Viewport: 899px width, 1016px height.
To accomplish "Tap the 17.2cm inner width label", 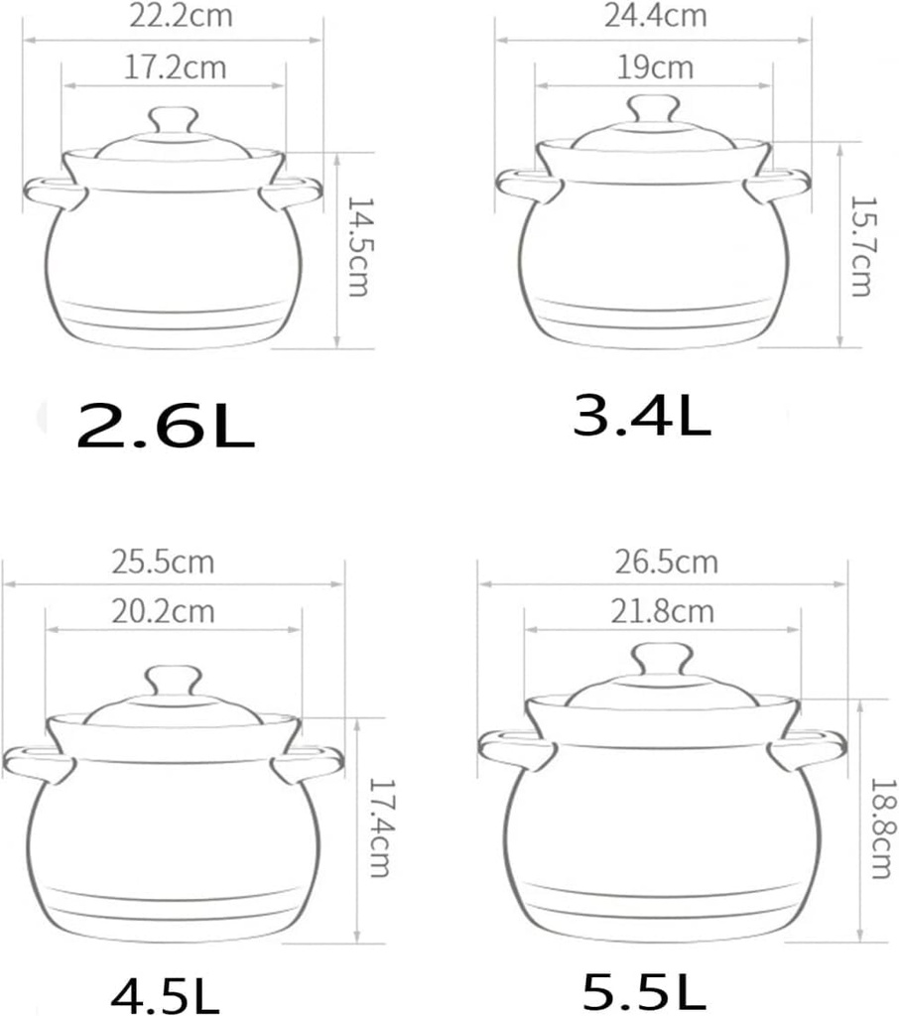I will (x=177, y=67).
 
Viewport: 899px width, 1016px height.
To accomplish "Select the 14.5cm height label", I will (x=356, y=246).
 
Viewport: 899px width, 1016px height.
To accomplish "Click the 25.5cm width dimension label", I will (x=164, y=563).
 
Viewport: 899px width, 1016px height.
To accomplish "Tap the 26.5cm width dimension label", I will (x=667, y=563).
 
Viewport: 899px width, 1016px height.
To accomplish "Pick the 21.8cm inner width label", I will (x=664, y=611).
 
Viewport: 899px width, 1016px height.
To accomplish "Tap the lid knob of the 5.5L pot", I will (x=662, y=659).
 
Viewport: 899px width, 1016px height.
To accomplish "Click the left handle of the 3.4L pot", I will (x=523, y=184).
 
